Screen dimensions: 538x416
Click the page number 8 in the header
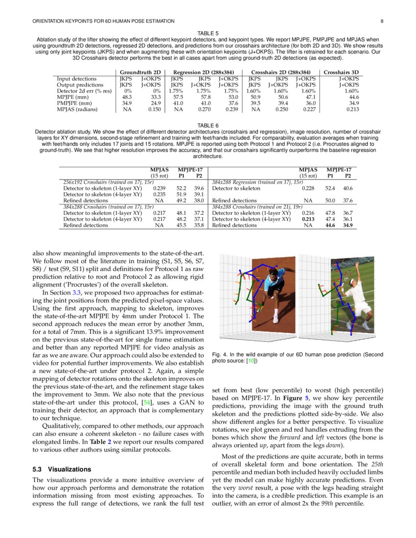382,21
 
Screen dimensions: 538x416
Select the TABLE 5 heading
208,33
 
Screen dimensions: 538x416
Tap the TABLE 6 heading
208,125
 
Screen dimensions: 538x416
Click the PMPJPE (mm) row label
74,103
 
